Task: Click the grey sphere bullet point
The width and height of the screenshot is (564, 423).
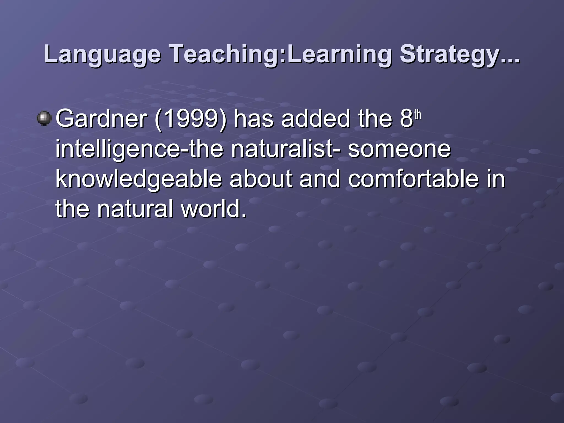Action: tap(44, 118)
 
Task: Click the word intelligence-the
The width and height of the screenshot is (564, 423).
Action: tap(139, 149)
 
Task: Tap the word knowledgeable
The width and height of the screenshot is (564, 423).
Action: tap(139, 179)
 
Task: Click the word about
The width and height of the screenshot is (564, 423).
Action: tap(261, 179)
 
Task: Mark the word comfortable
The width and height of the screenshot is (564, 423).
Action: tap(413, 179)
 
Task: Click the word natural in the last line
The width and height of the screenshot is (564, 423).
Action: tap(135, 208)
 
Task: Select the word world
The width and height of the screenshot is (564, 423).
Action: tap(214, 208)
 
